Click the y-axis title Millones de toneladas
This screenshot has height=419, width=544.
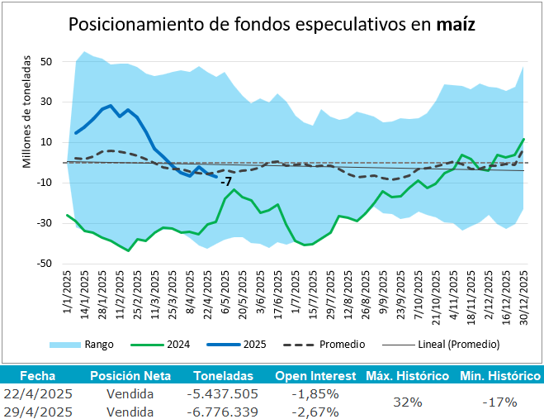pyautogui.click(x=27, y=112)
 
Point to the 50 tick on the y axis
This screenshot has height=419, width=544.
pyautogui.click(x=46, y=62)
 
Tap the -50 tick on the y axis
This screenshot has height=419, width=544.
pyautogui.click(x=45, y=264)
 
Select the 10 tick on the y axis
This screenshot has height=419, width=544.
pyautogui.click(x=46, y=142)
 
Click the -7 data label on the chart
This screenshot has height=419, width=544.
pyautogui.click(x=226, y=181)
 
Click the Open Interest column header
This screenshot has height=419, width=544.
pyautogui.click(x=315, y=375)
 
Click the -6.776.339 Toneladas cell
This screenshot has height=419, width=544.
pyautogui.click(x=222, y=411)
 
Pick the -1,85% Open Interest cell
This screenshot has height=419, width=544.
pyautogui.click(x=315, y=393)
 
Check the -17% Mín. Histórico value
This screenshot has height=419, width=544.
pyautogui.click(x=499, y=402)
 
